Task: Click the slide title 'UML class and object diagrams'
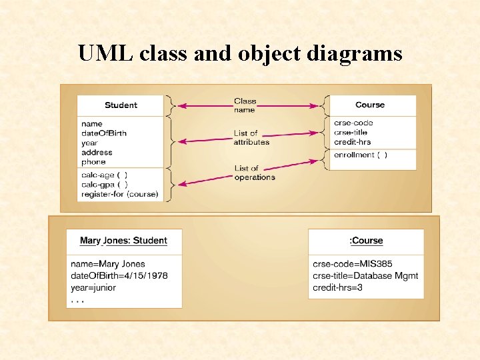(x=240, y=53)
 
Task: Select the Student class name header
(x=121, y=105)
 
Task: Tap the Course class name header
(x=370, y=105)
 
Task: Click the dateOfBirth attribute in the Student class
(x=103, y=133)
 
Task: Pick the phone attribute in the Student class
(x=93, y=161)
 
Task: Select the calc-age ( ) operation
(x=104, y=175)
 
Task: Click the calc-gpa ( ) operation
(x=105, y=185)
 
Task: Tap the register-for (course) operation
(x=119, y=194)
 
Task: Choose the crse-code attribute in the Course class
(x=353, y=123)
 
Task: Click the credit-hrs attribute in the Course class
(x=352, y=142)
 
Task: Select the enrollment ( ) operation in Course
(x=360, y=155)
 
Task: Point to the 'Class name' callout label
(x=245, y=105)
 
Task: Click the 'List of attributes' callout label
(x=251, y=138)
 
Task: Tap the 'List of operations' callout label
(x=254, y=173)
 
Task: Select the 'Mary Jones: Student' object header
(x=123, y=241)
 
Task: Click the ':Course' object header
(x=366, y=241)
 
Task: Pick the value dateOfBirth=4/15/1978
(x=119, y=276)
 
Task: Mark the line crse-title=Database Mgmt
(x=365, y=276)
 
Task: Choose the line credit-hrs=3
(x=337, y=287)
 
